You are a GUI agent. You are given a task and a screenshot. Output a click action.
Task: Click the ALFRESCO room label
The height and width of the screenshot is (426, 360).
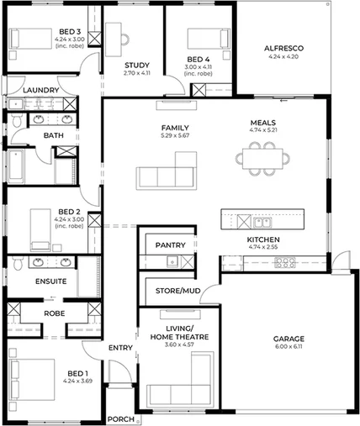(x=283, y=48)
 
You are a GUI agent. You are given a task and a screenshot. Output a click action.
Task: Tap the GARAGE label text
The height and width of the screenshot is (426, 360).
(x=288, y=339)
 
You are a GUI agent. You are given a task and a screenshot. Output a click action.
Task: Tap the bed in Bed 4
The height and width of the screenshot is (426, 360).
(x=203, y=39)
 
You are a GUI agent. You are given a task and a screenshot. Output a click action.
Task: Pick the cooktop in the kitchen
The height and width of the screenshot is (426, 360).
(x=285, y=262)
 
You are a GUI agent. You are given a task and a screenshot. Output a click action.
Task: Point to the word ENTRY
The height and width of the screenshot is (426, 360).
(x=119, y=347)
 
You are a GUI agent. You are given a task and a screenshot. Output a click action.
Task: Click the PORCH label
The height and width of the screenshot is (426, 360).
(x=120, y=418)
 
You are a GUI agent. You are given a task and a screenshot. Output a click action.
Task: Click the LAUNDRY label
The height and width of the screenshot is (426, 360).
(x=40, y=90)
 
